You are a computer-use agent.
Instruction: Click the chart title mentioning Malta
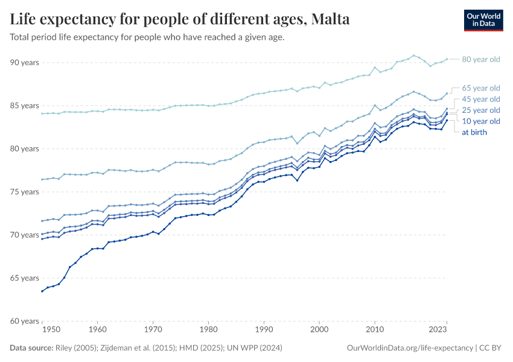[180, 19]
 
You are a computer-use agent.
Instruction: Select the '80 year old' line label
[480, 59]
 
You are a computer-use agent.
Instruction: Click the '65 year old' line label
[480, 88]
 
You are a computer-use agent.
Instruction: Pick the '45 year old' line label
[480, 99]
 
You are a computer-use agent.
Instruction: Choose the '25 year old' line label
[480, 110]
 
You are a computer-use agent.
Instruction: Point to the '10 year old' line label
[480, 121]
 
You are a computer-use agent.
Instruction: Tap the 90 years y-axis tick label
[24, 63]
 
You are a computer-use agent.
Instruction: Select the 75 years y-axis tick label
[24, 192]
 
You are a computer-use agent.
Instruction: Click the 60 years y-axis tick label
[24, 321]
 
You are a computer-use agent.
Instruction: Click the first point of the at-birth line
[42, 291]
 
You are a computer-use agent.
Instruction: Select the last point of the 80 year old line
[447, 59]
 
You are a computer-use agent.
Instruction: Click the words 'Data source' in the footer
[31, 348]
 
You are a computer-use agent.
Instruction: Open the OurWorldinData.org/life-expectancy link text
[410, 348]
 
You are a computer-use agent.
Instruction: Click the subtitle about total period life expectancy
[147, 37]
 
